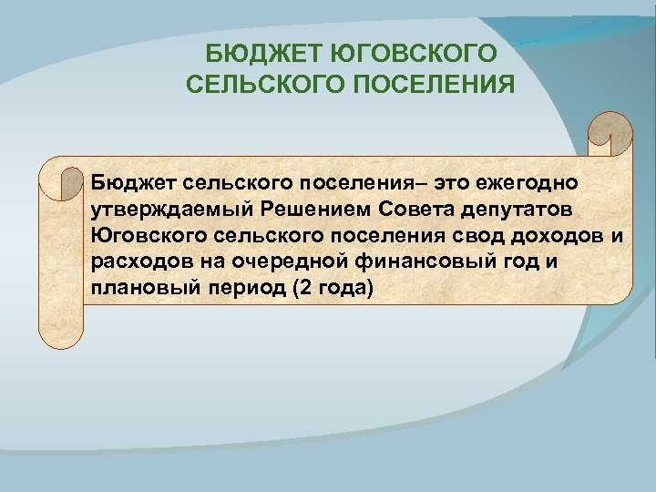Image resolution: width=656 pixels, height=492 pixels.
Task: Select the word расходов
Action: pos(134,263)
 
